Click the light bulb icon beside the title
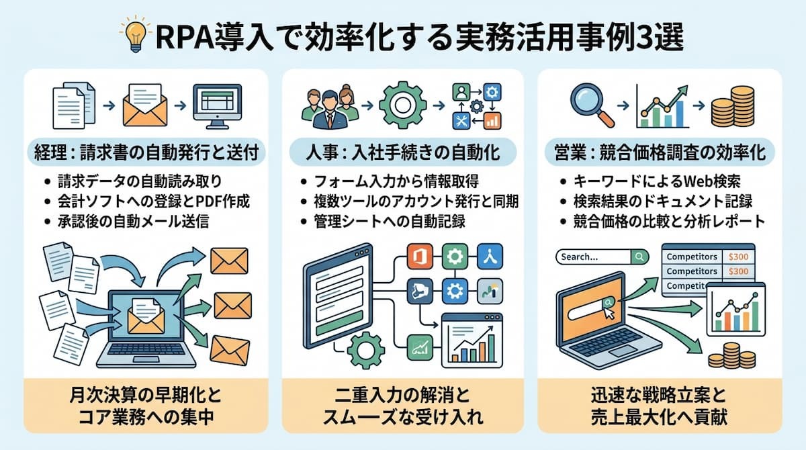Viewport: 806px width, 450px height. [135, 35]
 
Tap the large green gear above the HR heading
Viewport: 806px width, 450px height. [402, 105]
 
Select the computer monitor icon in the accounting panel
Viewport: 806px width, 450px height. [218, 107]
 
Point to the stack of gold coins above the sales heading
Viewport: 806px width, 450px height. [733, 107]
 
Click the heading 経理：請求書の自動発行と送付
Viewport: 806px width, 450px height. [146, 152]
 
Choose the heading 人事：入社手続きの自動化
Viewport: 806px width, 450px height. [403, 152]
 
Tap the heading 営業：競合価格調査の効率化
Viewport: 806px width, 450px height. [660, 152]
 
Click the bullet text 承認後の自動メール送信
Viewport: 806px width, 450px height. [133, 221]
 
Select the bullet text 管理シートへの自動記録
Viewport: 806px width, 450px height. [390, 221]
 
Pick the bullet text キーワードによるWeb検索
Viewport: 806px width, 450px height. [657, 181]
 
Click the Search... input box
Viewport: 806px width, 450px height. [602, 257]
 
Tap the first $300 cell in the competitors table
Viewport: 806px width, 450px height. [738, 257]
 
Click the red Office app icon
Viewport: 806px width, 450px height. [420, 257]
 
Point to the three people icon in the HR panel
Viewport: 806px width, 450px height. [330, 107]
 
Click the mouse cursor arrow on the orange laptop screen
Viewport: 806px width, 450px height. [609, 313]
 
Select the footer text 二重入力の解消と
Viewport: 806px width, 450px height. [402, 396]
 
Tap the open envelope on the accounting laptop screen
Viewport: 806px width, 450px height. [146, 316]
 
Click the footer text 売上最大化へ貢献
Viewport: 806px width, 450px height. [659, 417]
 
